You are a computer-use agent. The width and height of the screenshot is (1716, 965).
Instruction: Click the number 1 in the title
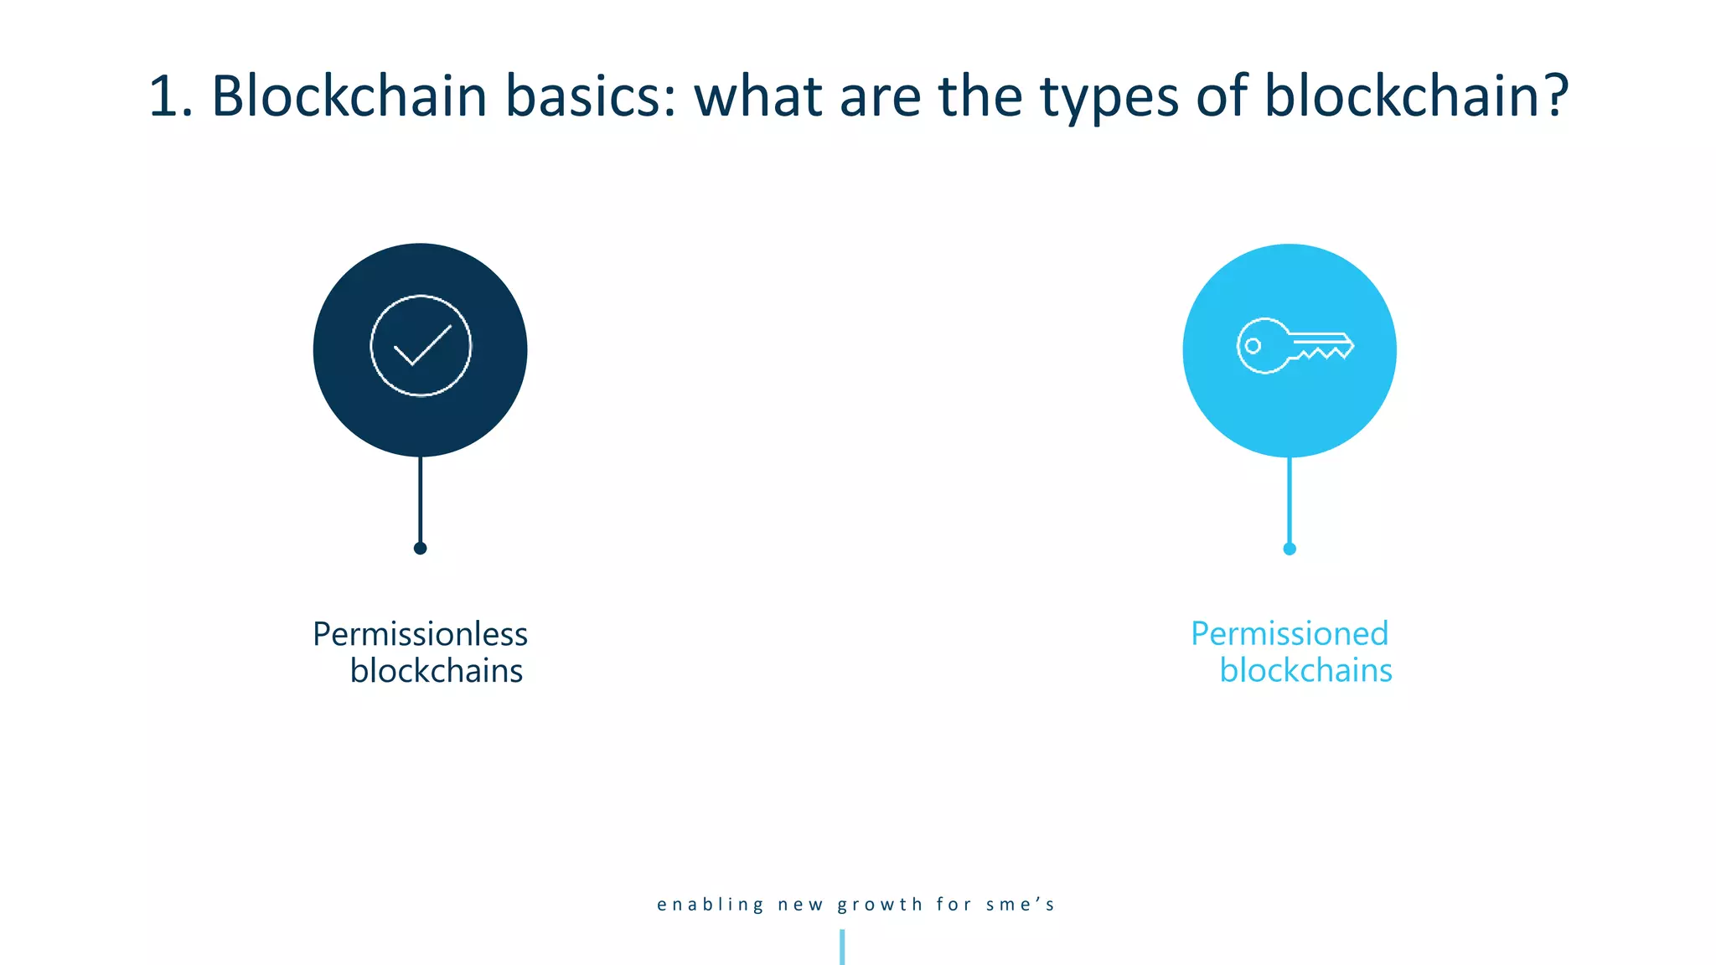pos(164,96)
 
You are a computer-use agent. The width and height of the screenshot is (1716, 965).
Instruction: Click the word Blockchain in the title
pos(349,96)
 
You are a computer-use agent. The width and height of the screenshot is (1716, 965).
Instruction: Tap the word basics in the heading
pos(590,96)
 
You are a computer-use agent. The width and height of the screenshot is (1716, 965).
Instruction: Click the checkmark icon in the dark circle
pos(421,345)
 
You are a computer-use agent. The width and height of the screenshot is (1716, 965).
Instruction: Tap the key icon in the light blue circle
pos(1294,345)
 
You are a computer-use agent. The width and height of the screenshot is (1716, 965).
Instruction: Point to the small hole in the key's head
pos(1253,345)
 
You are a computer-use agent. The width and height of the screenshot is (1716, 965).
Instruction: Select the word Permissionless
pos(420,634)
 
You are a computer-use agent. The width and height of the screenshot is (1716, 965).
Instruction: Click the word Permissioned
pos(1290,634)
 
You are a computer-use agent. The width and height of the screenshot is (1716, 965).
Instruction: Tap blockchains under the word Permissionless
pos(436,671)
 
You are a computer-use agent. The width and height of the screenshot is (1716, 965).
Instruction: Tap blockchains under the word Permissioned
pos(1305,671)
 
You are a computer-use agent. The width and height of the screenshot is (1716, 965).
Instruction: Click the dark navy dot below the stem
pos(421,549)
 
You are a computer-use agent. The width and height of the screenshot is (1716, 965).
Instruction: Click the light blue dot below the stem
pos(1290,550)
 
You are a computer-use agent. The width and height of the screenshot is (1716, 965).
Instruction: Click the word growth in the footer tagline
pos(880,905)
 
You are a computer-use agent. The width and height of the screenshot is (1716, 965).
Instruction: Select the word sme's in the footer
pos(1020,905)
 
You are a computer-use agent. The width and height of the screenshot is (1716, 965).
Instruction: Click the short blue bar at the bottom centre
pos(842,947)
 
